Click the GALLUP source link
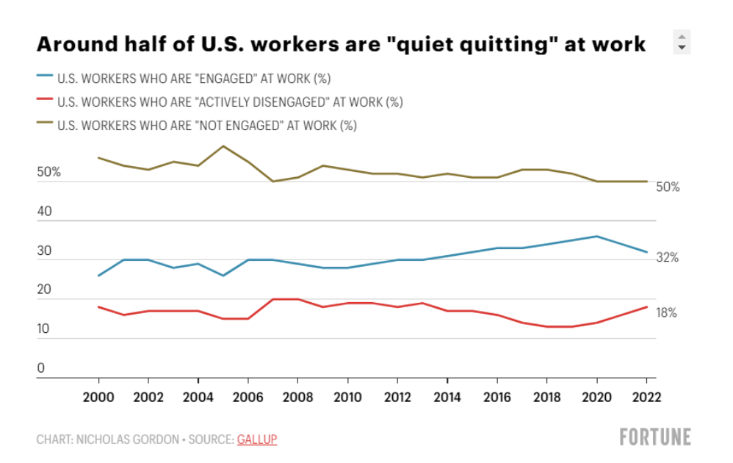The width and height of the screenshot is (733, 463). tap(256, 439)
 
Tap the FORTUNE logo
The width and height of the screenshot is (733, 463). tap(655, 437)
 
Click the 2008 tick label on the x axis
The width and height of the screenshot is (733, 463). tap(298, 397)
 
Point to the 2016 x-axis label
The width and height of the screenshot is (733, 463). tap(497, 397)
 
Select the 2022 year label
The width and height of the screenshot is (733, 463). tap(647, 397)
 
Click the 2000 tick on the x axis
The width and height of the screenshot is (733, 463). tap(98, 397)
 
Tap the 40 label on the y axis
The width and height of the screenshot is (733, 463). tap(44, 212)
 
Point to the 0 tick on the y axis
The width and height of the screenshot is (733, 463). tap(41, 368)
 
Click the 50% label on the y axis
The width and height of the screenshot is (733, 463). tap(48, 173)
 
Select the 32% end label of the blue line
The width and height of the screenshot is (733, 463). tap(667, 258)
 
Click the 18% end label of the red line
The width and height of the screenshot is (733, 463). tap(666, 313)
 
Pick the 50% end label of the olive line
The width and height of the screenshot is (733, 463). tap(668, 187)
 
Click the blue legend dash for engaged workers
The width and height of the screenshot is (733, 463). tap(44, 77)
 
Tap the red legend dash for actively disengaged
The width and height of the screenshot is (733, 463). tap(44, 101)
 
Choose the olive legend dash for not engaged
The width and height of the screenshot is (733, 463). tap(44, 124)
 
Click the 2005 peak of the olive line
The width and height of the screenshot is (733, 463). tap(223, 146)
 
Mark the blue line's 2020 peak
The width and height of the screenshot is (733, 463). tap(597, 236)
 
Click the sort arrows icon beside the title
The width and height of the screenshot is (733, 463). tap(682, 42)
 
